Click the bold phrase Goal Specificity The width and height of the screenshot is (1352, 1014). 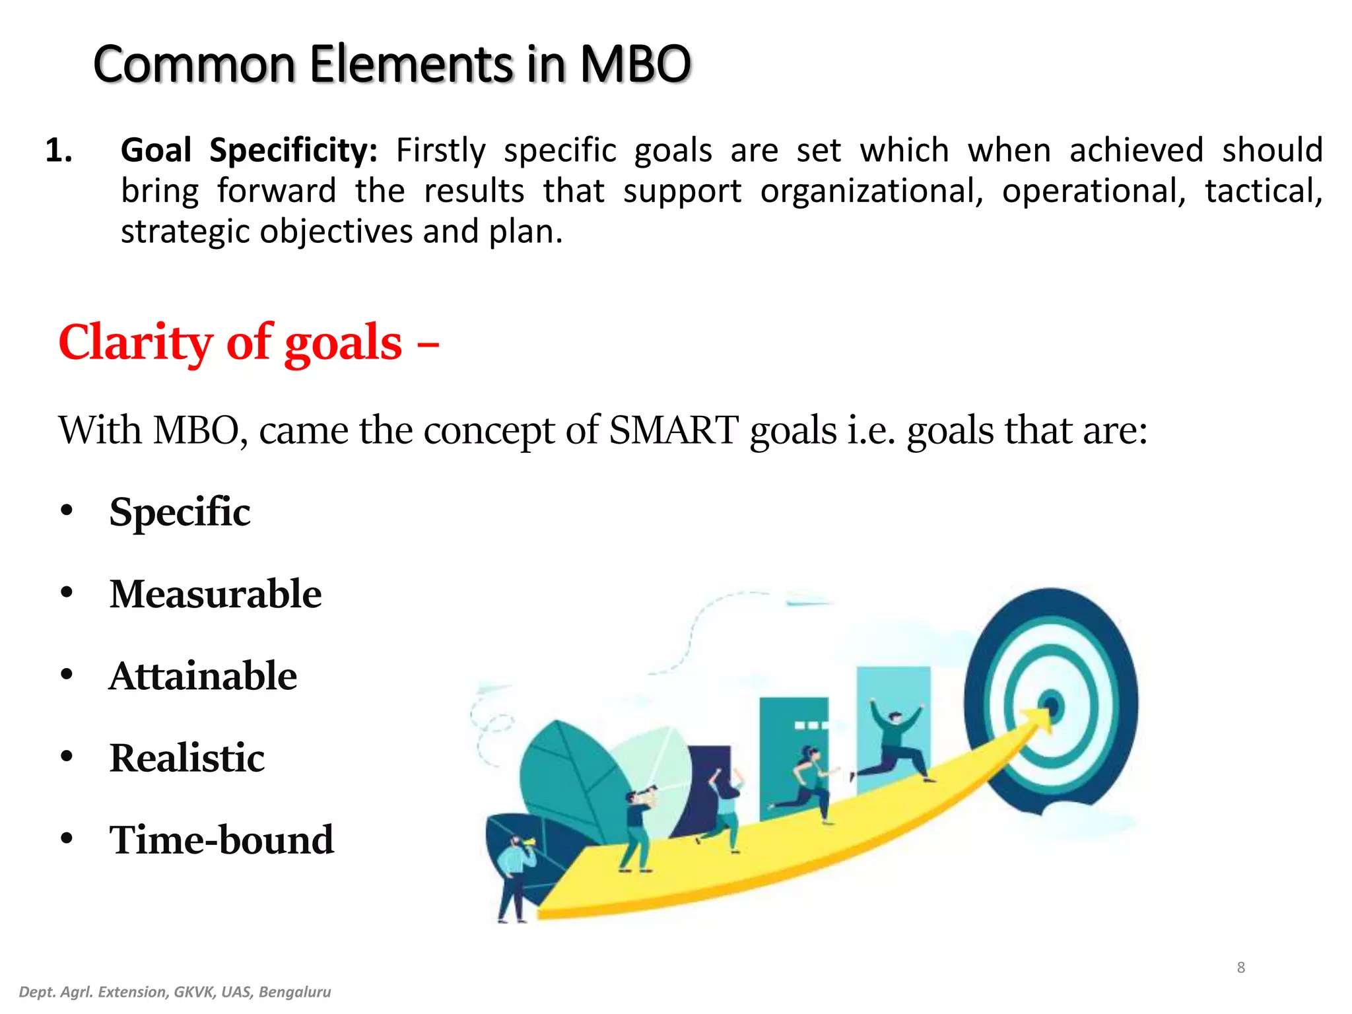249,151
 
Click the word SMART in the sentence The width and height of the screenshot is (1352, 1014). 673,430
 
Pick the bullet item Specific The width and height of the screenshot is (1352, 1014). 180,512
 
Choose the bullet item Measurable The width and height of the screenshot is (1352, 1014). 215,593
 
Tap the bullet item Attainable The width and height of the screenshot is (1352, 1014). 203,675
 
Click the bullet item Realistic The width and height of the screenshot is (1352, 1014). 187,757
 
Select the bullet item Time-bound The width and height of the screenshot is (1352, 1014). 221,840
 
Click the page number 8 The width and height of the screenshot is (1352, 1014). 1240,968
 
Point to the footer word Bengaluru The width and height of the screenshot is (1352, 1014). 294,992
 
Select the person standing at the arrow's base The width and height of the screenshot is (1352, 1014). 514,878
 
